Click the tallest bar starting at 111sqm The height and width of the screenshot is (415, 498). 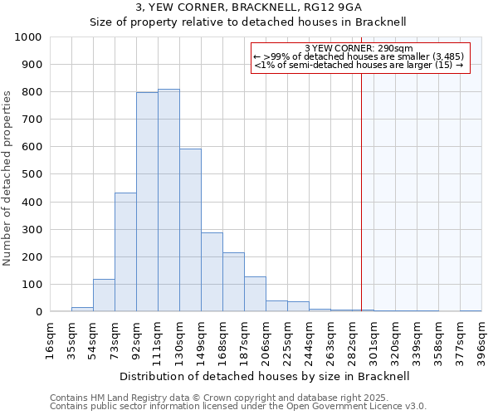tap(168, 200)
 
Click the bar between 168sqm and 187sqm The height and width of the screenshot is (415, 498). tap(233, 282)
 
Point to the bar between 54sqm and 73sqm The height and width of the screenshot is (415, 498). tap(104, 295)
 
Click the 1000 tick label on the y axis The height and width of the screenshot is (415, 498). tap(28, 37)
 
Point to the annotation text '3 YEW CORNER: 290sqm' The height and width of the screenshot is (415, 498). tap(359, 48)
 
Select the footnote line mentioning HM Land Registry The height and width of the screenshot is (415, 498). tap(237, 398)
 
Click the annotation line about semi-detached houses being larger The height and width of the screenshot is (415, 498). tap(359, 65)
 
